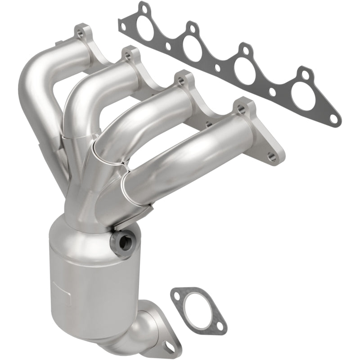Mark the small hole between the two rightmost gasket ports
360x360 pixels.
coord(272,92)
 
